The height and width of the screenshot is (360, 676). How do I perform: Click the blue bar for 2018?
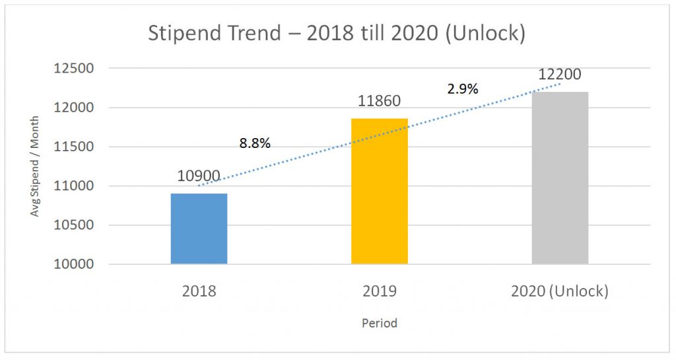[199, 229]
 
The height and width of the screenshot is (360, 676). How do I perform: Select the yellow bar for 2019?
[380, 191]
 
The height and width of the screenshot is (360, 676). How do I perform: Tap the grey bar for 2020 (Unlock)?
[560, 178]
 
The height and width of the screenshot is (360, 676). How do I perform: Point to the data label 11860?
[379, 102]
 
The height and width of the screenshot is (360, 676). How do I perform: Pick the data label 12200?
[559, 75]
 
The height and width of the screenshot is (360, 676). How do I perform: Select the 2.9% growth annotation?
[462, 89]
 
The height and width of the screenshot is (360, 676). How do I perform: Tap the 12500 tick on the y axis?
[75, 69]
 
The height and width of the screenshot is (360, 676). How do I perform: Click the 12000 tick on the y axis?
[75, 108]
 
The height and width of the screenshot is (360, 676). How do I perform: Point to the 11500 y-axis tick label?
[75, 147]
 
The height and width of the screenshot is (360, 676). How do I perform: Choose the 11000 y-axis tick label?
[75, 186]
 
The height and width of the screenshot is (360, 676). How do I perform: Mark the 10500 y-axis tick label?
[75, 225]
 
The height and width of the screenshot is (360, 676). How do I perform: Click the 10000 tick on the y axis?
[75, 264]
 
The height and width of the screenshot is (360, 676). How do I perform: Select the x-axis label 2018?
[199, 291]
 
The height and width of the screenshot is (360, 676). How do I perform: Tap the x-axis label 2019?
[380, 291]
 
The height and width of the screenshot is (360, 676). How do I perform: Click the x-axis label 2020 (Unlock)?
[560, 291]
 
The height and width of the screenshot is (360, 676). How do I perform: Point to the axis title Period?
[380, 324]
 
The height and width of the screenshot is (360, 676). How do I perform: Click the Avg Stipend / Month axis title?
[34, 166]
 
